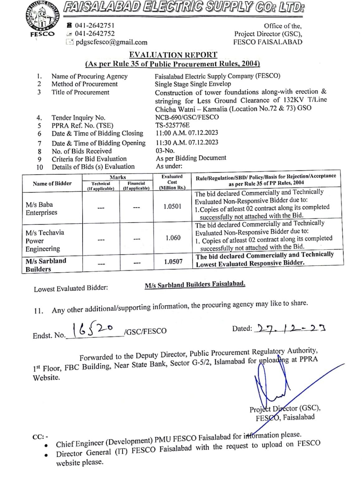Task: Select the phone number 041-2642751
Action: [94, 25]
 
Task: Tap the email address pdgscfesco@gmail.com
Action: [111, 42]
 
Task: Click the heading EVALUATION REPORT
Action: [173, 55]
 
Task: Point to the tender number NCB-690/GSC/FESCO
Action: [187, 117]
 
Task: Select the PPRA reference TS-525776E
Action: [173, 125]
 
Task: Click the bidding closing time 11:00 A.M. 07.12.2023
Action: [187, 133]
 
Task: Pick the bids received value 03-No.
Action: [165, 151]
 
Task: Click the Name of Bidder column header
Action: [52, 183]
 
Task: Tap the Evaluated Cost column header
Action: [172, 182]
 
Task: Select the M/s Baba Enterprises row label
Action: [41, 208]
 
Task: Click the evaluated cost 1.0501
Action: [172, 206]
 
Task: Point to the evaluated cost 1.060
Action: [173, 238]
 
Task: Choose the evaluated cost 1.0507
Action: [173, 261]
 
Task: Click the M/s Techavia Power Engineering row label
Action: [45, 241]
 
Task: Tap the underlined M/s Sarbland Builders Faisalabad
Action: [195, 284]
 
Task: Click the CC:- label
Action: [40, 437]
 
